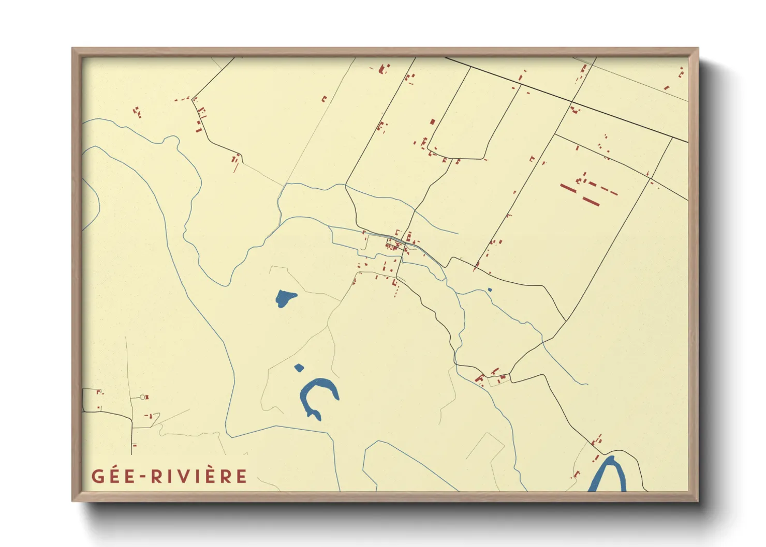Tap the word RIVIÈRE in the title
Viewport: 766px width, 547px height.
(199, 476)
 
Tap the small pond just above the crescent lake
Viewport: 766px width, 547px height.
(299, 368)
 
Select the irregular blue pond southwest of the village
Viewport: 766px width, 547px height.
(285, 298)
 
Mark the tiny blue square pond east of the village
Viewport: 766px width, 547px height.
(490, 290)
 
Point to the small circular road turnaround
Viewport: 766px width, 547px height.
(142, 397)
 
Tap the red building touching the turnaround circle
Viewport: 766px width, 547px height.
(147, 397)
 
